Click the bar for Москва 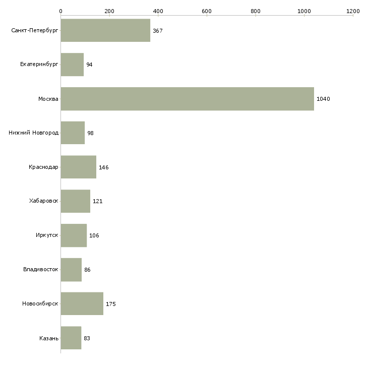coord(188,99)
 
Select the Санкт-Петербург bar coord(105,30)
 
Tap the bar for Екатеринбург coord(72,65)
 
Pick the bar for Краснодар coord(78,167)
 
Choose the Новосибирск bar coord(82,303)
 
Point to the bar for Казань coord(71,338)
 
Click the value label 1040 coord(323,99)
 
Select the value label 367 coord(158,31)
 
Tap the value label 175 coord(111,304)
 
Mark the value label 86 coord(87,270)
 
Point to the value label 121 coord(98,201)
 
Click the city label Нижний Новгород coord(34,133)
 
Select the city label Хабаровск coord(44,201)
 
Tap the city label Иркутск coord(47,235)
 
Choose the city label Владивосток coord(41,269)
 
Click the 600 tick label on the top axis coord(207,11)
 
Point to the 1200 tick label coord(353,11)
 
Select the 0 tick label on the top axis coord(61,11)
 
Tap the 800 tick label coord(256,11)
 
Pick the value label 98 coord(90,133)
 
